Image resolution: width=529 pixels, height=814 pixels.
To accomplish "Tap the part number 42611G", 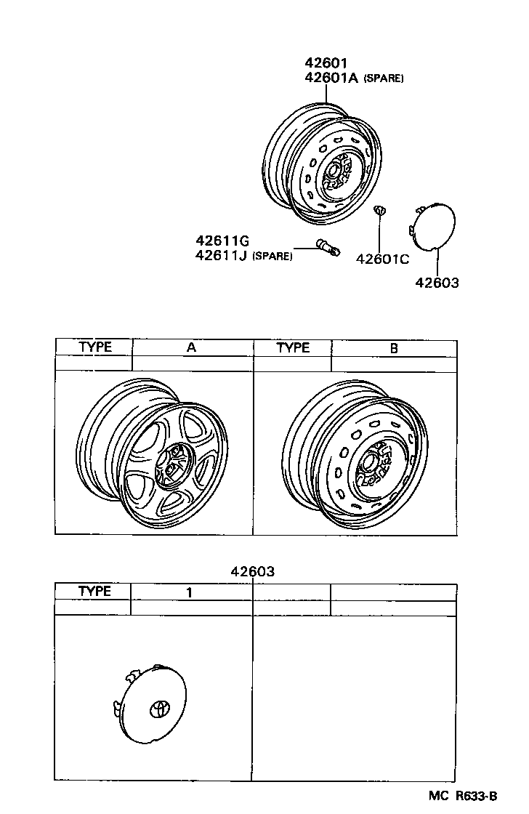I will [x=222, y=241].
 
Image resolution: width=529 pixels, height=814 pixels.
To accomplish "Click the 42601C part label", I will [x=382, y=259].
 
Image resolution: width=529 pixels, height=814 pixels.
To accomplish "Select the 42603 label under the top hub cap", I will [x=437, y=283].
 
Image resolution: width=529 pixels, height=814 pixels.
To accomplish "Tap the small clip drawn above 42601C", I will [x=379, y=211].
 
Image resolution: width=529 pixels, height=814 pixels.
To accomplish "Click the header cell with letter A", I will [x=192, y=347].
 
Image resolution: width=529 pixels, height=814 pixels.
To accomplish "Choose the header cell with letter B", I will [x=394, y=347].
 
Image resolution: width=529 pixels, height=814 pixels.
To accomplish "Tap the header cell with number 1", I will [x=189, y=592].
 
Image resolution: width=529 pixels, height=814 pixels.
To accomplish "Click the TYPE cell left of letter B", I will [x=292, y=347].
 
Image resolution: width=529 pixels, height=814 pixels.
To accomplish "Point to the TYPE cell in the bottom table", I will [x=94, y=592].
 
